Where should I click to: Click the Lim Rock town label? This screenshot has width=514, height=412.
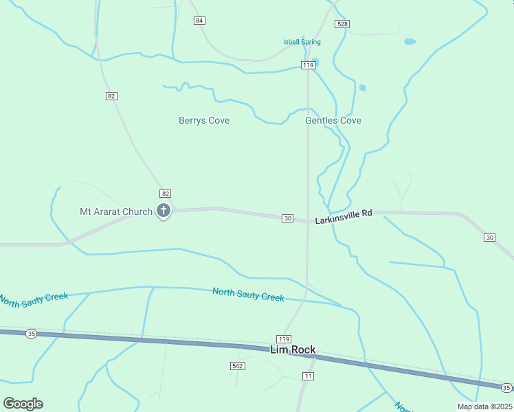tap(293, 350)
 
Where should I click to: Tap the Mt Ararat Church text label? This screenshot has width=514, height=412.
tap(116, 211)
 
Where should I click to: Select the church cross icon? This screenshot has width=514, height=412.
tap(164, 211)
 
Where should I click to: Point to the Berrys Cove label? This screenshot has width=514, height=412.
tap(204, 121)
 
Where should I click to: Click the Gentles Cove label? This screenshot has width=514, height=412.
tap(333, 121)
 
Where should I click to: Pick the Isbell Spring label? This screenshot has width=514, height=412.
tap(302, 43)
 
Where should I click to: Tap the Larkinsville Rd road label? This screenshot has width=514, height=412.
tap(344, 218)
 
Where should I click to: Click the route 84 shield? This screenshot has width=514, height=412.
tap(199, 21)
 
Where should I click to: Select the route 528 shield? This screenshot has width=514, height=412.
tap(342, 24)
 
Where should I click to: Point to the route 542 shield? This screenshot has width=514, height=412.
tap(237, 366)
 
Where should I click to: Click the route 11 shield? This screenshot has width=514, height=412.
tap(308, 376)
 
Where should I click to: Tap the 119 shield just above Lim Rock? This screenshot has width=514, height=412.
tap(284, 339)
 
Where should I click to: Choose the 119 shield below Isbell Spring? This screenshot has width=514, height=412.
tap(308, 65)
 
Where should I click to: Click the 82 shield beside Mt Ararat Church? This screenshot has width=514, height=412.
tap(165, 194)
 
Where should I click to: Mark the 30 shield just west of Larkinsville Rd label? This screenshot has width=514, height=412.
tap(288, 218)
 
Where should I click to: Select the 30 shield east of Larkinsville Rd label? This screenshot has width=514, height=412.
tap(489, 238)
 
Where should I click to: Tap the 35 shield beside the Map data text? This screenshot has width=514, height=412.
tap(506, 388)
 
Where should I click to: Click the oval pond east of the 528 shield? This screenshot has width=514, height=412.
tap(410, 42)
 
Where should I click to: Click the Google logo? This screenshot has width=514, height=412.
tap(23, 404)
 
